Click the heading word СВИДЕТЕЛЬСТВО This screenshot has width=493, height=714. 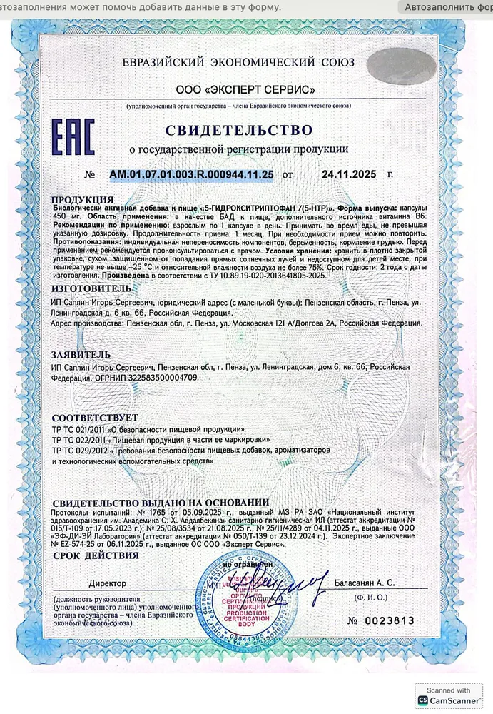(239, 130)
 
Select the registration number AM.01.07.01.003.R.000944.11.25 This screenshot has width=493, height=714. (191, 174)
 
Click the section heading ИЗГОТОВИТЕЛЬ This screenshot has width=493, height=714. (91, 288)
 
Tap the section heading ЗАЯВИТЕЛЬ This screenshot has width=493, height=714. (81, 354)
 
